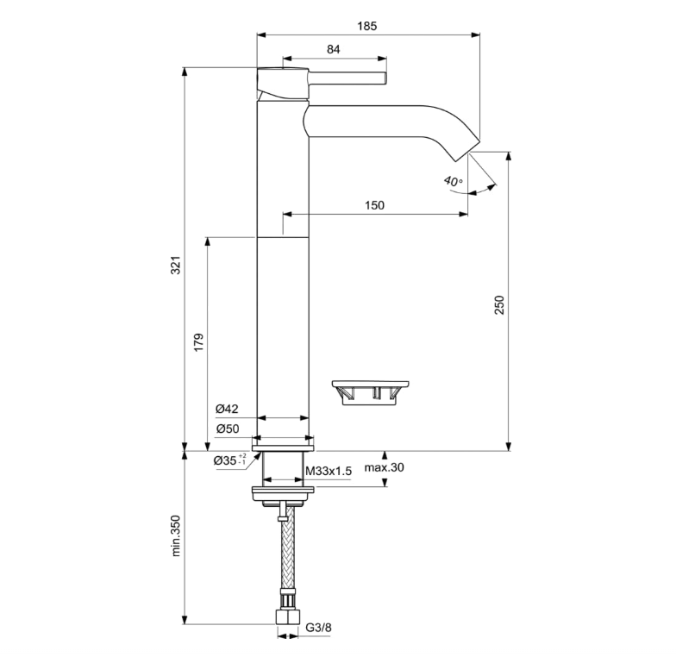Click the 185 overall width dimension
367,26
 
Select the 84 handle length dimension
333,50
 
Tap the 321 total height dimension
176,266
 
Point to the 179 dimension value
198,341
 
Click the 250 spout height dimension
499,305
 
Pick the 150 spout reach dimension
374,205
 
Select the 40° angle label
454,181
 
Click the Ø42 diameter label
227,409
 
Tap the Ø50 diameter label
228,429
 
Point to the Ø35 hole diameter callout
229,460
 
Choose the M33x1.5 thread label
329,471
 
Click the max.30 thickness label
385,467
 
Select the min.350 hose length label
176,536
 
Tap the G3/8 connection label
319,628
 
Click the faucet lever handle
347,79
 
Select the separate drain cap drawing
371,392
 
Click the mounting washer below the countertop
283,490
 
